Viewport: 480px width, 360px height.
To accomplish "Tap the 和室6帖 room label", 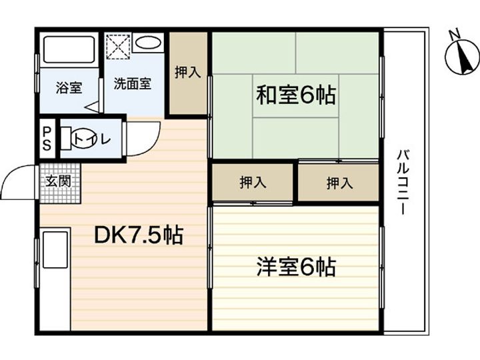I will [296, 96].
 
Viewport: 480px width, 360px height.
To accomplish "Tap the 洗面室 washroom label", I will [132, 84].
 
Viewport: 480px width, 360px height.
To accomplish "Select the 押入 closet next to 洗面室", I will [187, 73].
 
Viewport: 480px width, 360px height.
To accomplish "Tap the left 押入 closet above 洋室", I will [253, 183].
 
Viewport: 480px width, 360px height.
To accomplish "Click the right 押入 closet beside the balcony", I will [339, 183].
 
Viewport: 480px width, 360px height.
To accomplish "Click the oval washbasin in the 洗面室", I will [147, 43].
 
